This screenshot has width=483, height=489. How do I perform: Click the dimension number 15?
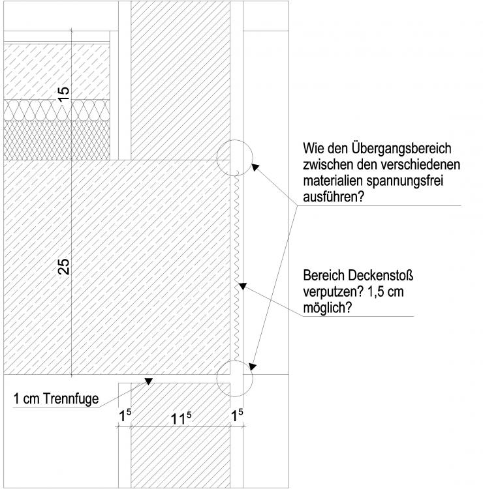pyautogui.click(x=63, y=94)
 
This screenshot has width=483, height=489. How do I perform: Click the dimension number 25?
pyautogui.click(x=64, y=267)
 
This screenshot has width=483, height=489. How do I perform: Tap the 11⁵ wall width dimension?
pyautogui.click(x=181, y=418)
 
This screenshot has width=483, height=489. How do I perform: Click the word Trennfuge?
pyautogui.click(x=71, y=399)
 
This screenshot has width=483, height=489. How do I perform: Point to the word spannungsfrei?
pyautogui.click(x=405, y=181)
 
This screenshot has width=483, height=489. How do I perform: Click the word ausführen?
pyautogui.click(x=334, y=197)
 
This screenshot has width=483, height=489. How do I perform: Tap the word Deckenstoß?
pyautogui.click(x=381, y=276)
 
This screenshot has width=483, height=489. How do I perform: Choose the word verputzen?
pyautogui.click(x=333, y=292)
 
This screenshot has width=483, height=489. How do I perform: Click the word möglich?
pyautogui.click(x=328, y=308)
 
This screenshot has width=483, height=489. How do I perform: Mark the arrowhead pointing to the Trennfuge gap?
pyautogui.click(x=148, y=381)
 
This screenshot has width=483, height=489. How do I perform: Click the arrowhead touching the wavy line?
pyautogui.click(x=243, y=286)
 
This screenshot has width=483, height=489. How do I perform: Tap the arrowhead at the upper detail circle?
pyautogui.click(x=255, y=167)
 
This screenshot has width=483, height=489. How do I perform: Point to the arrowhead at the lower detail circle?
pyautogui.click(x=253, y=366)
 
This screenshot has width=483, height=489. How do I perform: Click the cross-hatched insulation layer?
pyautogui.click(x=57, y=140)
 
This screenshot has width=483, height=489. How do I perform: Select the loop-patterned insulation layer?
pyautogui.click(x=57, y=110)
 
